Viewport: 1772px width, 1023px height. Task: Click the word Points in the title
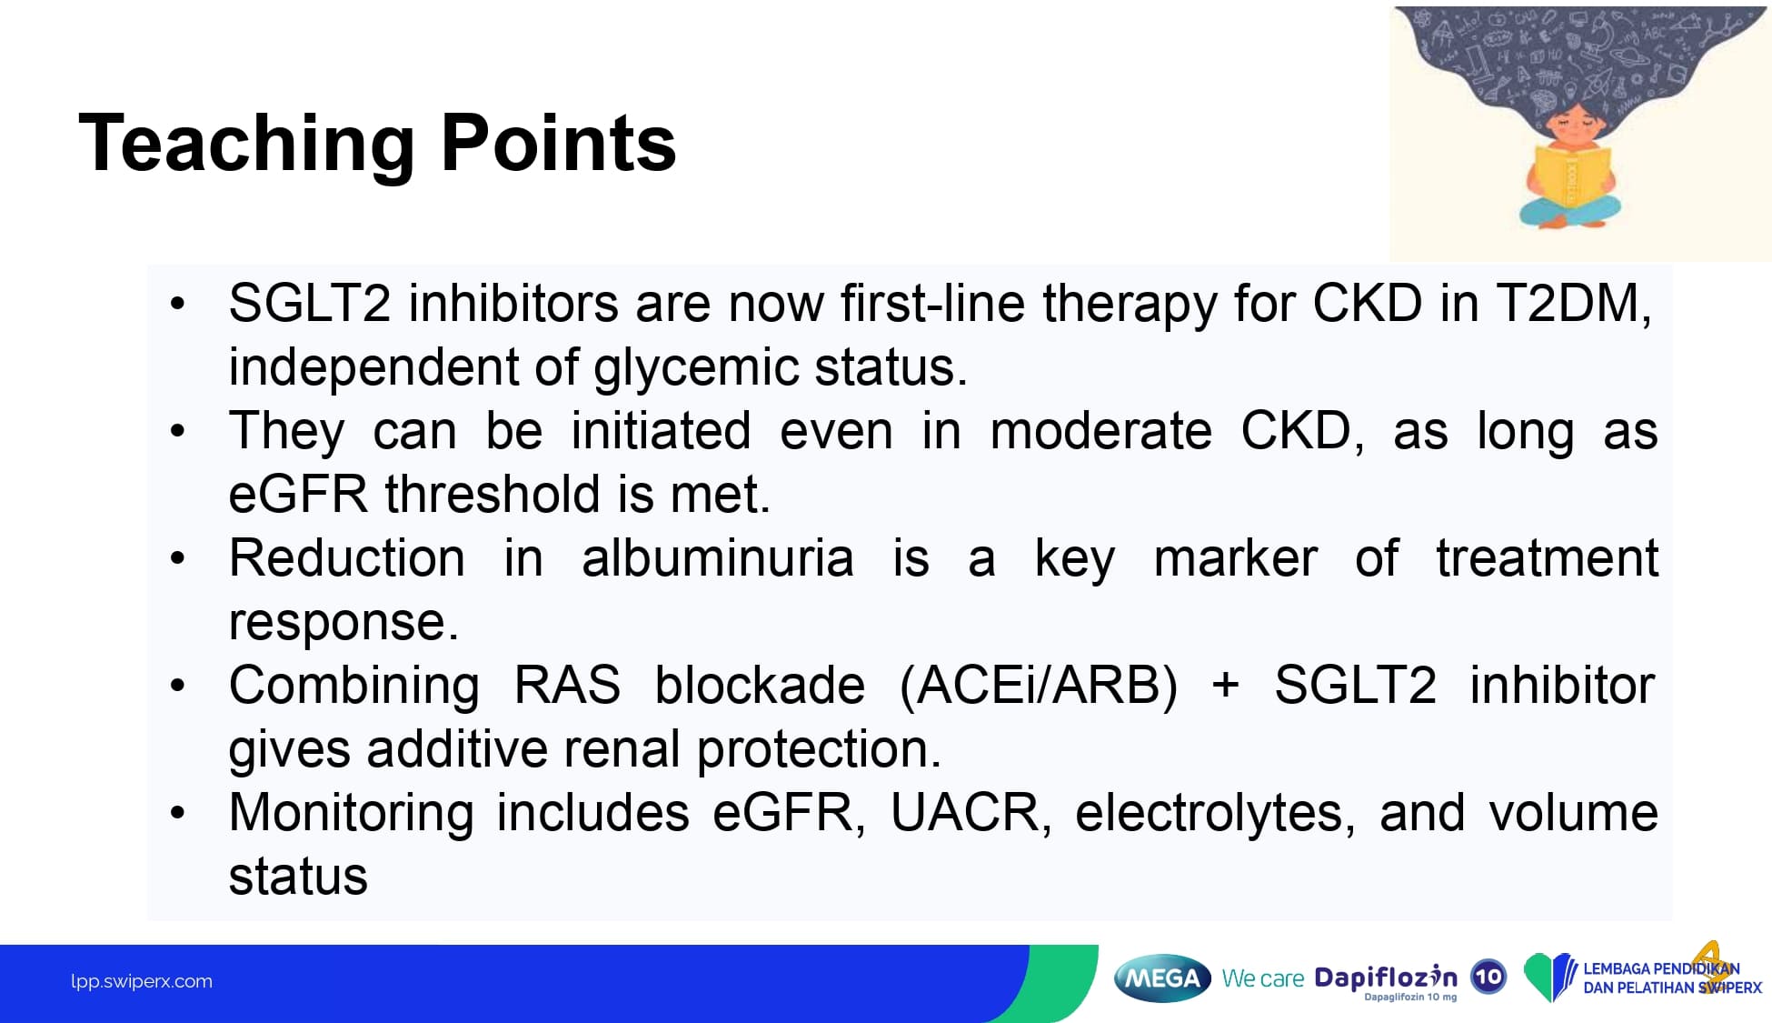(x=559, y=143)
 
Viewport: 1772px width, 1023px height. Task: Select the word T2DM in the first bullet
(x=1575, y=304)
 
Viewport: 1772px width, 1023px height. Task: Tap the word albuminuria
(x=717, y=558)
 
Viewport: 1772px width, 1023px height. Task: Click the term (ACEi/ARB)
(x=1038, y=687)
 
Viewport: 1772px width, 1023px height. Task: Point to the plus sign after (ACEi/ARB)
(x=1226, y=685)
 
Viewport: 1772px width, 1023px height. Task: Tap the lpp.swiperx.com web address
(x=142, y=982)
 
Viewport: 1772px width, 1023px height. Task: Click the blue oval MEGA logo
(x=1162, y=978)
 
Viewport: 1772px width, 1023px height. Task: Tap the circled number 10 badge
(x=1488, y=978)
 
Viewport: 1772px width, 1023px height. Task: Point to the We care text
(x=1262, y=979)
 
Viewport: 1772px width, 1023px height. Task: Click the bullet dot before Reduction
(x=178, y=558)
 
